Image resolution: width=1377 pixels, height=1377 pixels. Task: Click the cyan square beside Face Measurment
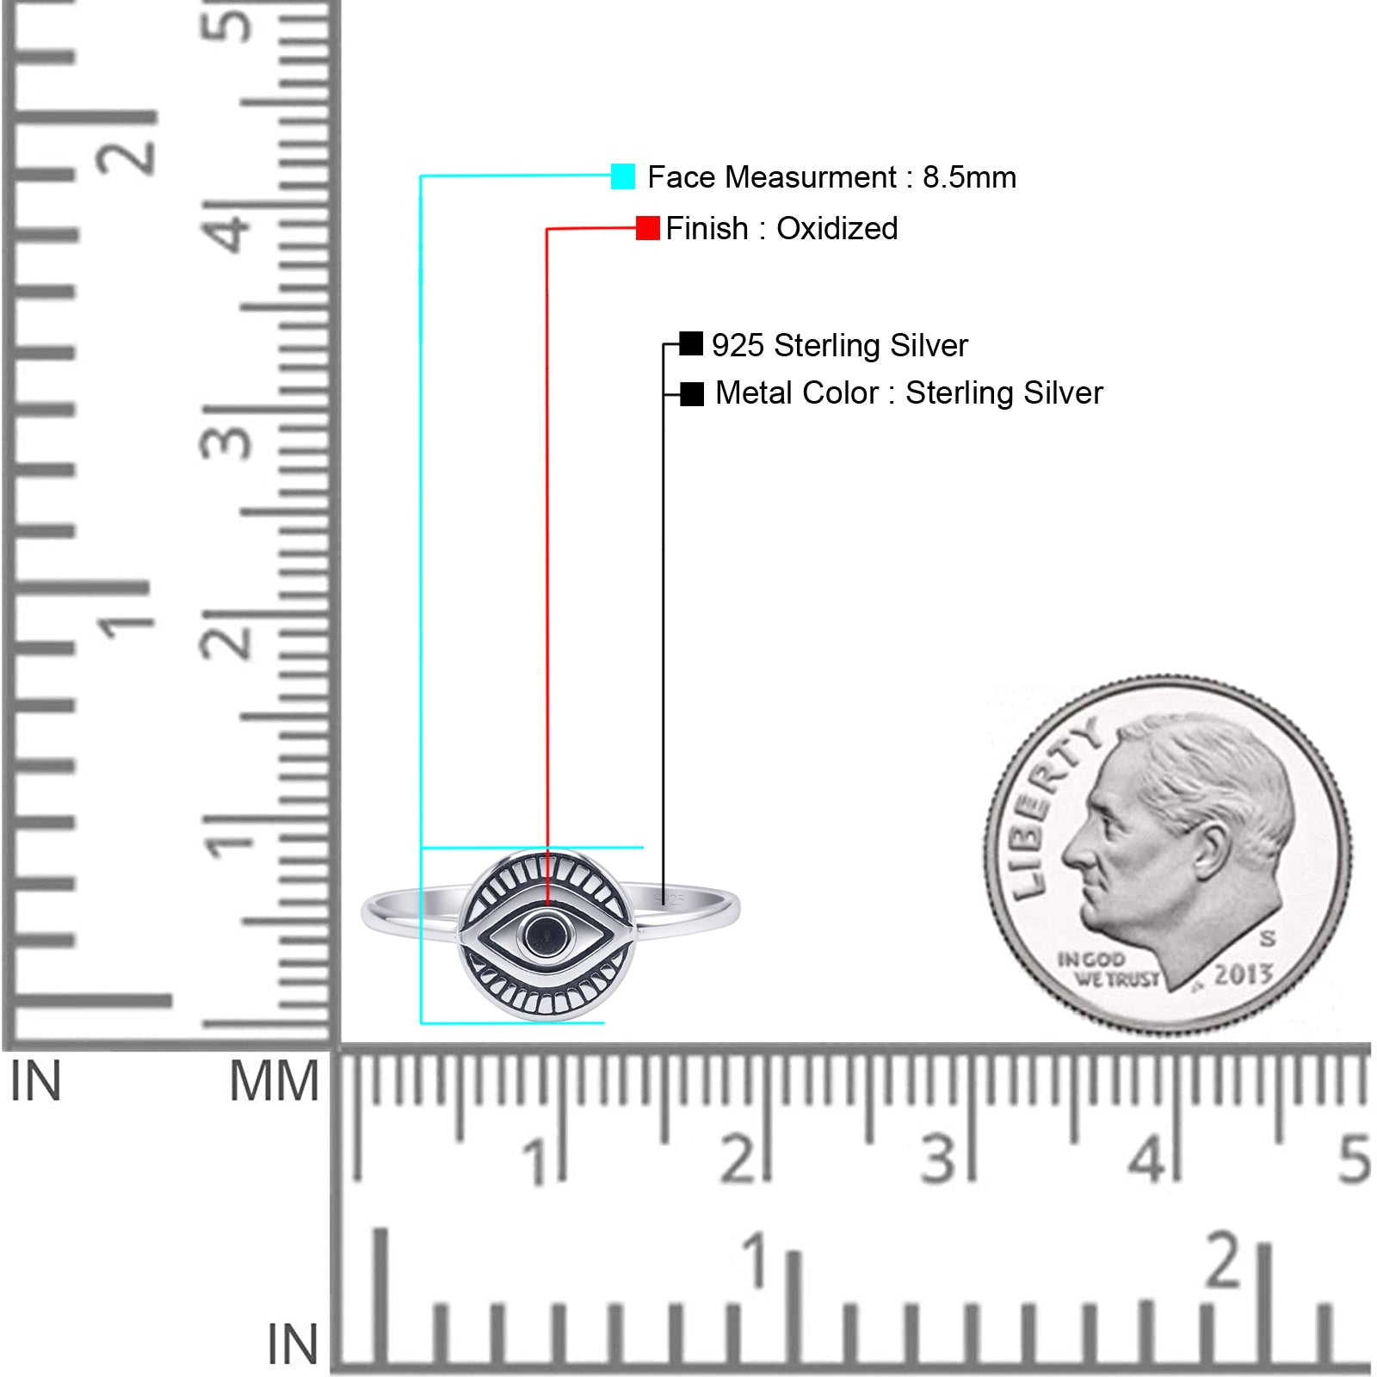(x=623, y=176)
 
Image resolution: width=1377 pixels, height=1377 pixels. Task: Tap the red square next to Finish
(x=648, y=228)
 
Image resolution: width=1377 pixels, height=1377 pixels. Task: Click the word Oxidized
(x=837, y=229)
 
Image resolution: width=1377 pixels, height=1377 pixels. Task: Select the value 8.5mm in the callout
(x=969, y=177)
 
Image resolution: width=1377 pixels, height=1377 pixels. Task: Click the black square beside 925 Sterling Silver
(x=691, y=343)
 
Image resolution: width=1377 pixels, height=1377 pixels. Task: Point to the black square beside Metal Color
(x=692, y=394)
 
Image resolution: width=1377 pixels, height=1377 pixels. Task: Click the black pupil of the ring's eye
(x=545, y=935)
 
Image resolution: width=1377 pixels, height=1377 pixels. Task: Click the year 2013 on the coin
(x=1243, y=974)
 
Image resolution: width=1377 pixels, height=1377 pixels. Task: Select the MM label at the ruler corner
(x=274, y=1081)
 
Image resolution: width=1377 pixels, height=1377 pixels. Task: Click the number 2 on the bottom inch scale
(x=1224, y=1260)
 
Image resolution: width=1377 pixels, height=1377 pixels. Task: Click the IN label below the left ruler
(x=35, y=1081)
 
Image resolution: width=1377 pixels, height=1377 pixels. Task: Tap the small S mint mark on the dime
(x=1268, y=937)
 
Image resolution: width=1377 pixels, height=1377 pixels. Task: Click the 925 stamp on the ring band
(x=670, y=899)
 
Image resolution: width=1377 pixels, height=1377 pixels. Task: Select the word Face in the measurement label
(x=682, y=177)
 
